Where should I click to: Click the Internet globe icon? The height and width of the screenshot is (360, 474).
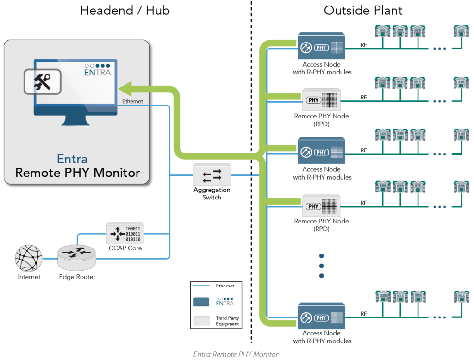tap(28, 258)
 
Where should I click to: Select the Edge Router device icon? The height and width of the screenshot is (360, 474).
tap(76, 257)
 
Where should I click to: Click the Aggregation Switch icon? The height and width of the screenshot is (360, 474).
tap(212, 175)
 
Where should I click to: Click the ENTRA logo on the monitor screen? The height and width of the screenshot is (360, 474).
tap(97, 69)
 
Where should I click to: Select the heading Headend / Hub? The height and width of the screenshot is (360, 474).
tap(125, 11)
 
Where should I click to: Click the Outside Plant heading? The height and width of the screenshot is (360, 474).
tap(363, 11)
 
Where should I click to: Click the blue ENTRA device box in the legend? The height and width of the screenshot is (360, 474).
tap(203, 302)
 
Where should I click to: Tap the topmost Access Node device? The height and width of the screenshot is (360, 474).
tap(321, 46)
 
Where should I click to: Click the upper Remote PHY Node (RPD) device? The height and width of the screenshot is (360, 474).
tap(321, 99)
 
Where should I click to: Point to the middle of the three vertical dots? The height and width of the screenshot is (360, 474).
tap(321, 266)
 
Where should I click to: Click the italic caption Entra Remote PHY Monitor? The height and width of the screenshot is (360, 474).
tap(236, 354)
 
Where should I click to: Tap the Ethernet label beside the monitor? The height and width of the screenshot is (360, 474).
tap(132, 101)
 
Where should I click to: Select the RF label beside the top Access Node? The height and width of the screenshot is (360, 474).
tap(364, 45)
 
